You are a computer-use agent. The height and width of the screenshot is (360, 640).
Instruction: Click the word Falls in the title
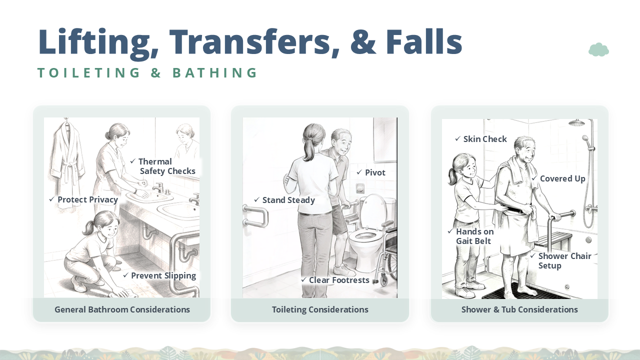click(x=424, y=41)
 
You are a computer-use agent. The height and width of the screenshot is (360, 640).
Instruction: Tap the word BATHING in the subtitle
click(x=215, y=72)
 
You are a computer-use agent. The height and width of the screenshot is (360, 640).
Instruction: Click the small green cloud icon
click(x=598, y=49)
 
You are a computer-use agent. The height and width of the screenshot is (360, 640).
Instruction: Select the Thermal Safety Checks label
click(x=163, y=166)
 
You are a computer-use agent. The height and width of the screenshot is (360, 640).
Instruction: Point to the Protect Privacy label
click(x=83, y=199)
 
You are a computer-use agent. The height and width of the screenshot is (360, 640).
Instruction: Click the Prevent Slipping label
click(x=159, y=275)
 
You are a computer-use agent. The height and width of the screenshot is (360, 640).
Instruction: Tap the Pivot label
click(x=371, y=172)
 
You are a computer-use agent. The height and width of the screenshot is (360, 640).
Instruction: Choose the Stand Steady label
click(x=285, y=200)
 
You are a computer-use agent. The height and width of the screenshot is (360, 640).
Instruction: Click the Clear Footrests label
click(x=335, y=280)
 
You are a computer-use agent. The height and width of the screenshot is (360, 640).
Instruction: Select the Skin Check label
click(x=481, y=139)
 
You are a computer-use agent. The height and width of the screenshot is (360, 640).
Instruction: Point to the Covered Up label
click(x=559, y=178)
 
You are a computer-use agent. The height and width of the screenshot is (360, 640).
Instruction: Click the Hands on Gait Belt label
click(x=471, y=236)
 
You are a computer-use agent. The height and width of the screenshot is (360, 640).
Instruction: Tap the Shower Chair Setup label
click(x=561, y=260)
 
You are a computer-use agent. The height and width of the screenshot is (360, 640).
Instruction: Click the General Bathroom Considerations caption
click(x=122, y=309)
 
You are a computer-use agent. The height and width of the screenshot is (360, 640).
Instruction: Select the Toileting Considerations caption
click(x=320, y=309)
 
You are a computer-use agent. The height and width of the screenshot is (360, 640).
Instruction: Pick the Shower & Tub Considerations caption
click(x=519, y=309)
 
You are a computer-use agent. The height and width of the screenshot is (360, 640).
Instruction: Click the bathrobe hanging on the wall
click(x=67, y=151)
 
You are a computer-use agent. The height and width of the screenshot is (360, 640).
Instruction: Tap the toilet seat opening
click(x=364, y=236)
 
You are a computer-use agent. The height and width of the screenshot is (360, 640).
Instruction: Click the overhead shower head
click(x=576, y=123)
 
